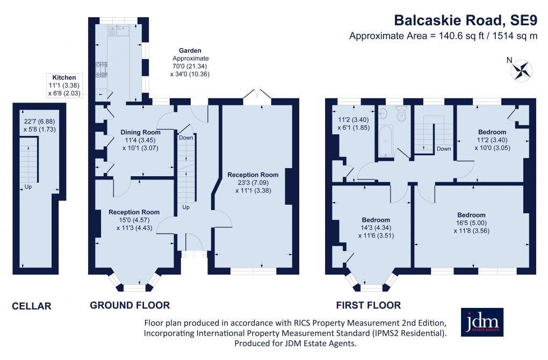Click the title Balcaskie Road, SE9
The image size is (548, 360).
click(x=466, y=20)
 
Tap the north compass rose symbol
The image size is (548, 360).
click(x=521, y=69)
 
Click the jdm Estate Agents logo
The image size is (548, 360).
click(x=482, y=322)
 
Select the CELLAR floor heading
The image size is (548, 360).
click(x=32, y=306)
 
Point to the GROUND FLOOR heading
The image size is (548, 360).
click(x=129, y=305)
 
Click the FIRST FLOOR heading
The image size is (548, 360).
click(x=368, y=305)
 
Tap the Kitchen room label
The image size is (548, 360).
click(x=64, y=77)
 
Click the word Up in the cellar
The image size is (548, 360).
click(x=27, y=188)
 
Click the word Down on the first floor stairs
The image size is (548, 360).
click(x=444, y=149)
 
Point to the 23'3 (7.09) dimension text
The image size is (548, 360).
click(x=253, y=182)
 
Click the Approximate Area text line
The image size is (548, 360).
click(x=443, y=37)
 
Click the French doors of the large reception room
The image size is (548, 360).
click(x=257, y=96)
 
